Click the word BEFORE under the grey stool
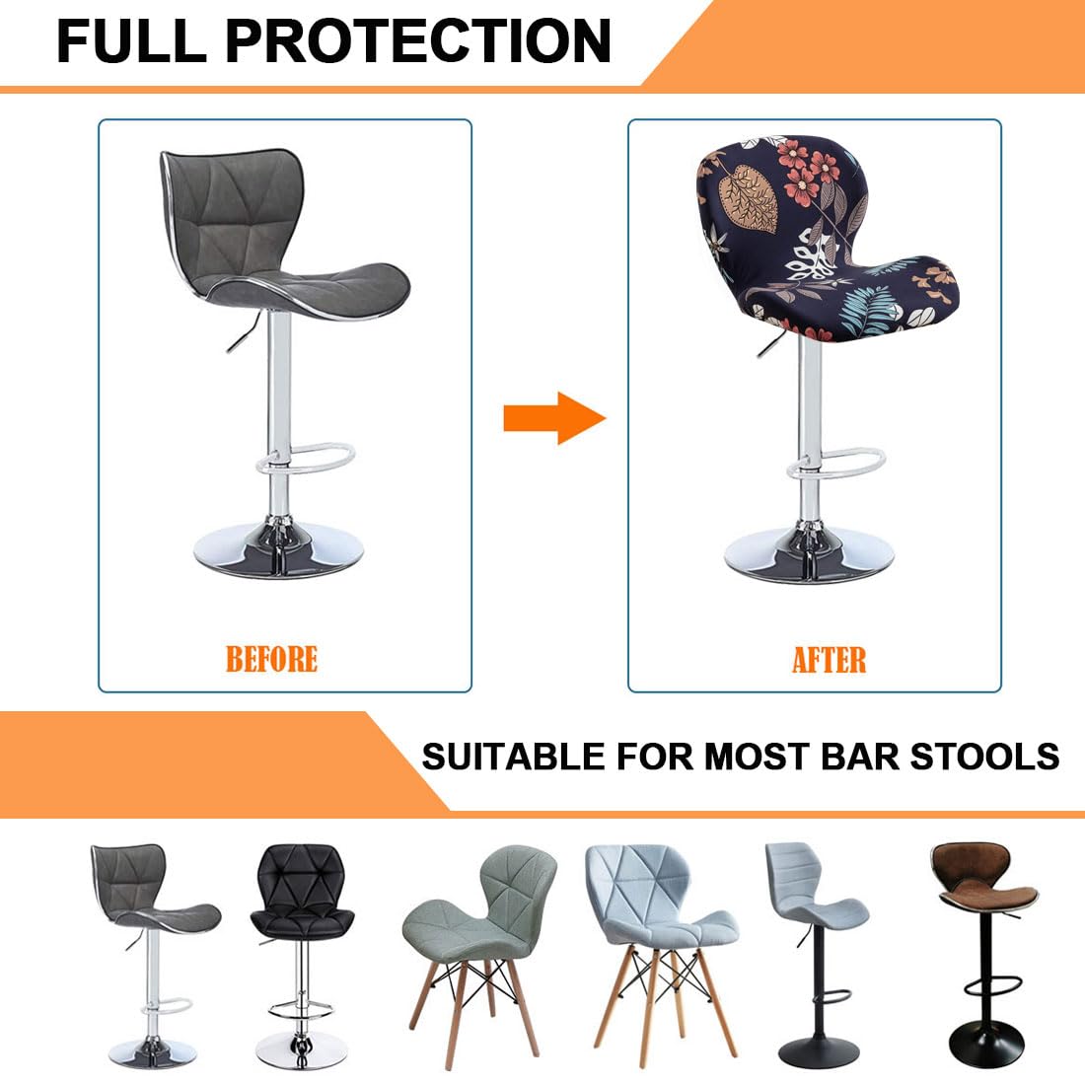pyautogui.click(x=271, y=659)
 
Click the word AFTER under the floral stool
pyautogui.click(x=829, y=660)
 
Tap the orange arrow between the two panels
pyautogui.click(x=553, y=418)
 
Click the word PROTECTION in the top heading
pyautogui.click(x=418, y=40)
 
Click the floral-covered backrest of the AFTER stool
pyautogui.click(x=779, y=197)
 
